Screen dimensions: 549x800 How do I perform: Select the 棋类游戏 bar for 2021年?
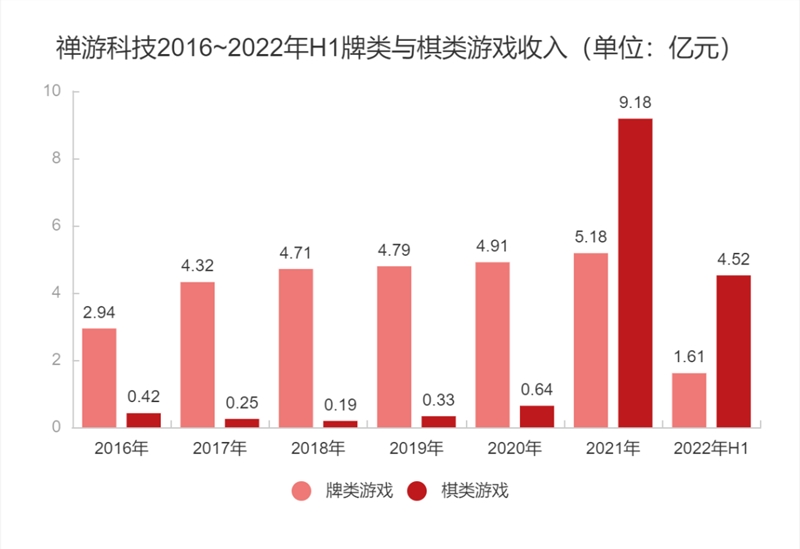click(x=635, y=273)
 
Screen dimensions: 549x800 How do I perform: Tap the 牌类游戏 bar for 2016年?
click(x=99, y=377)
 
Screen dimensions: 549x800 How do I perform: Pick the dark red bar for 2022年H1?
click(x=733, y=351)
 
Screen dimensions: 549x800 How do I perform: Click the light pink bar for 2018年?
click(x=295, y=347)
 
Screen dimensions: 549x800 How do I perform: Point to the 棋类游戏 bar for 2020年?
click(x=537, y=416)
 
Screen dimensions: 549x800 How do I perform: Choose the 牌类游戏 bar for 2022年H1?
click(x=689, y=400)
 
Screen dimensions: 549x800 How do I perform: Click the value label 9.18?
click(x=635, y=102)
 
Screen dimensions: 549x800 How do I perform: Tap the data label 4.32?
click(x=197, y=265)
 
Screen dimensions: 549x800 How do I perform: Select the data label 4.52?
click(x=733, y=259)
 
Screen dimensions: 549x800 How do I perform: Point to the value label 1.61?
click(x=689, y=357)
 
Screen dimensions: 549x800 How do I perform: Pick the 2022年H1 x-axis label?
click(x=711, y=448)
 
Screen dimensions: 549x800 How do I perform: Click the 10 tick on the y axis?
click(x=52, y=92)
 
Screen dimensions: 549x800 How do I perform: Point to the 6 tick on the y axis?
click(x=57, y=226)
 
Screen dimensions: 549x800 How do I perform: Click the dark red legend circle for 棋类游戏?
click(x=418, y=490)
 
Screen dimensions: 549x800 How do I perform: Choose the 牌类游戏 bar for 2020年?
click(x=492, y=344)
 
